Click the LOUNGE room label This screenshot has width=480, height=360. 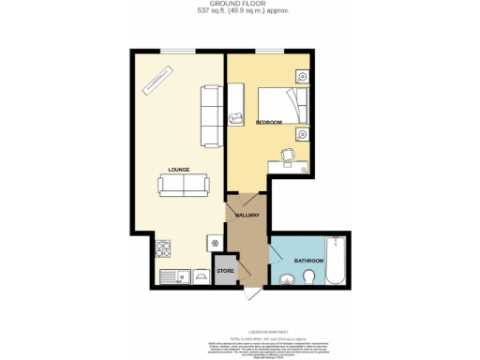(178, 170)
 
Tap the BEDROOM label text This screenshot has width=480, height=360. (269, 123)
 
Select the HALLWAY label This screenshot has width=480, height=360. (247, 217)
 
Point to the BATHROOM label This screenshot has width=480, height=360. (308, 260)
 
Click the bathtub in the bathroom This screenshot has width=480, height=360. (339, 262)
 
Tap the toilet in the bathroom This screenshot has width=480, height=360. (309, 277)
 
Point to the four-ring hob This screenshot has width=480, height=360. (161, 248)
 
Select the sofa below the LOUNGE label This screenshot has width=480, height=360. (183, 186)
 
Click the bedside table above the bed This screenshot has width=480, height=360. (303, 77)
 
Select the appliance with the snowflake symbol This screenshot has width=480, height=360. (214, 243)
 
